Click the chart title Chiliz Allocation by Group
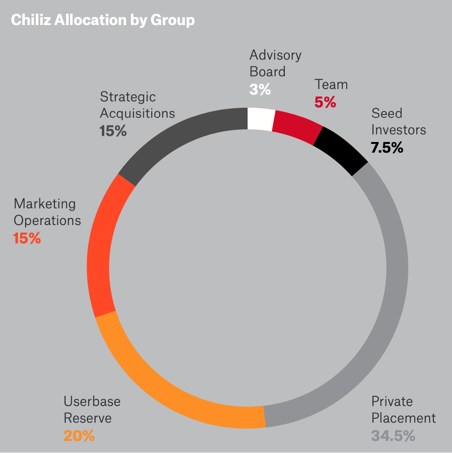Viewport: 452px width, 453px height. click(x=102, y=20)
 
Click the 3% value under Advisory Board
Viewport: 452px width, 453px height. click(x=260, y=89)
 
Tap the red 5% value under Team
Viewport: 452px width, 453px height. click(x=325, y=102)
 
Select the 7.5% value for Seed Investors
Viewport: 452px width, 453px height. click(x=387, y=147)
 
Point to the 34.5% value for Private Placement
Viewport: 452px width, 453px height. click(x=393, y=436)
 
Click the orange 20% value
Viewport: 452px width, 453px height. click(x=79, y=436)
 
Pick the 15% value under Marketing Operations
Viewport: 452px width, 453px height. click(x=27, y=238)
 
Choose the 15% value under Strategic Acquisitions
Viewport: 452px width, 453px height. click(x=113, y=131)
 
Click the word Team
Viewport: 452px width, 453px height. click(x=331, y=85)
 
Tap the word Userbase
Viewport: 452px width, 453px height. click(x=92, y=401)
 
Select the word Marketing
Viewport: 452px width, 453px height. click(x=44, y=204)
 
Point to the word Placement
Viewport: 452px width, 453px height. click(x=403, y=418)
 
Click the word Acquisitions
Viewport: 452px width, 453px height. click(x=137, y=113)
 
